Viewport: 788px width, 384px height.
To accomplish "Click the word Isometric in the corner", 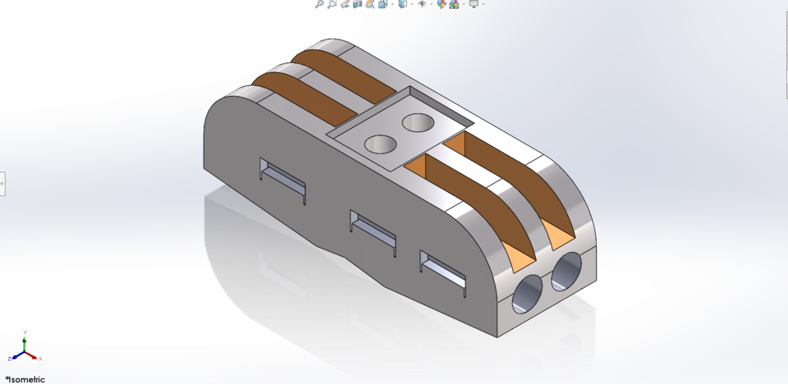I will pyautogui.click(x=26, y=379).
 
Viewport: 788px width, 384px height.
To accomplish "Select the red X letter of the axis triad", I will pyautogui.click(x=40, y=359).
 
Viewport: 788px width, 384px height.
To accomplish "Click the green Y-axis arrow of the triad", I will pyautogui.click(x=25, y=345).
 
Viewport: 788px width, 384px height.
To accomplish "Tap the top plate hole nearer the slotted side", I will pyautogui.click(x=380, y=145).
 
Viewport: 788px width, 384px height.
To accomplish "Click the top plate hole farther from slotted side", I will pyautogui.click(x=419, y=123).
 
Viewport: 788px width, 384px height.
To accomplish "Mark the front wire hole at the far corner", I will pyautogui.click(x=567, y=272).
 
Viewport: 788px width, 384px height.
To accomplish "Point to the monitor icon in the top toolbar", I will pyautogui.click(x=474, y=4).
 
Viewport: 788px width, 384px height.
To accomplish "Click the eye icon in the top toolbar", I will pyautogui.click(x=422, y=4).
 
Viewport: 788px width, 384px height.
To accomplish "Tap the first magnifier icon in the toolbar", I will pyautogui.click(x=319, y=4).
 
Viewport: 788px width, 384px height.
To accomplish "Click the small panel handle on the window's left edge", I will pyautogui.click(x=2, y=184).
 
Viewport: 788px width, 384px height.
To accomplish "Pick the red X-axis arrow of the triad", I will pyautogui.click(x=33, y=357).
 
